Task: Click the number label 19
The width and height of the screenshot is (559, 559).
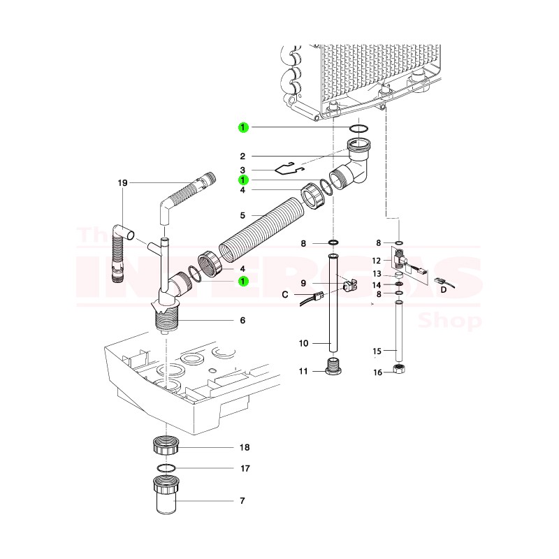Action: point(123,182)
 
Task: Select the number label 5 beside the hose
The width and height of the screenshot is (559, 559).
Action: point(242,215)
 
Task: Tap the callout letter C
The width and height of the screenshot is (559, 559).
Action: point(285,295)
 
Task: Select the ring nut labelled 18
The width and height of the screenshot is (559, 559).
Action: point(166,445)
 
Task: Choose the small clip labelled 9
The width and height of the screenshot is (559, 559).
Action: point(351,286)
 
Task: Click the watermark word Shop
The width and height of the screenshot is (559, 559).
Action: point(449,321)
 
